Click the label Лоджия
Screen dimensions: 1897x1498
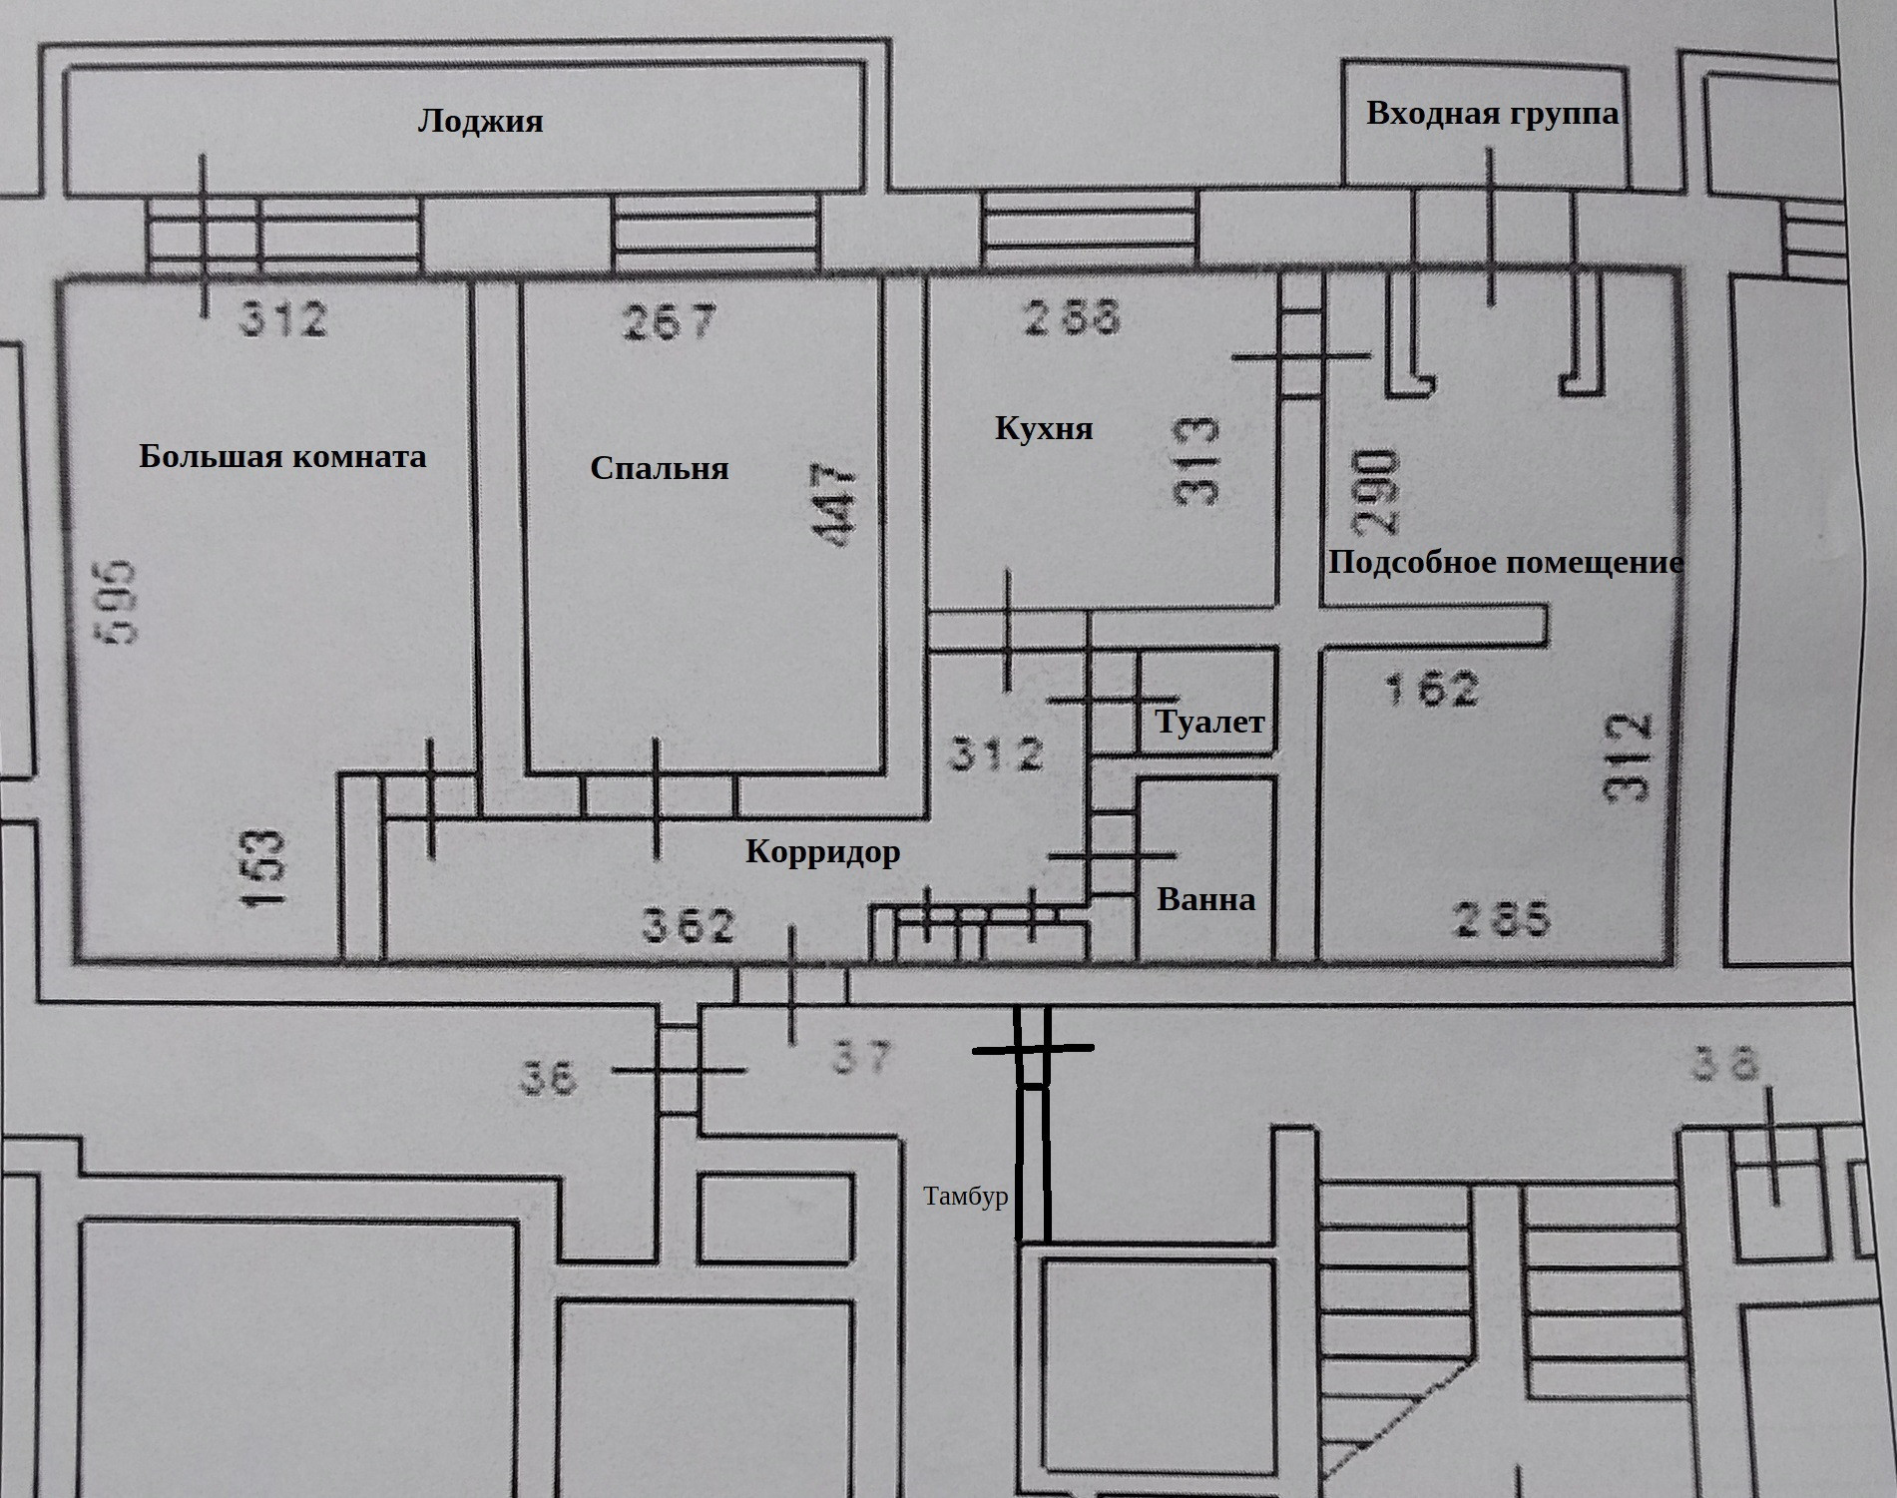pos(480,122)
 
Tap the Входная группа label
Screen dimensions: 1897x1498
pos(1492,113)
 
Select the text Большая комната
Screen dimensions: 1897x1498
pos(282,457)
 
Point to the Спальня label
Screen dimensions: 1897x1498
pos(659,468)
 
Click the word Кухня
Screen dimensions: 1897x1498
pos(1044,429)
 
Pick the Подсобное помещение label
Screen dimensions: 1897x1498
pos(1505,563)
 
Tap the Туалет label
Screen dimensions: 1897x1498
pos(1209,722)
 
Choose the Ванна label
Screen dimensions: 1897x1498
pos(1205,900)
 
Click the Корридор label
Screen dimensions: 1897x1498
pos(822,852)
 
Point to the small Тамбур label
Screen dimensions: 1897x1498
pos(965,1197)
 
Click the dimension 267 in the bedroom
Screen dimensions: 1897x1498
pos(670,321)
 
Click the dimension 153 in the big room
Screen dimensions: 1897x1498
pos(265,867)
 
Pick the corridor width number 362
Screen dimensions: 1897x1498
pos(689,926)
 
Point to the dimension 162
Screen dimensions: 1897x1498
pos(1432,690)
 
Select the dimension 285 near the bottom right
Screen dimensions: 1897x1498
pos(1503,919)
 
